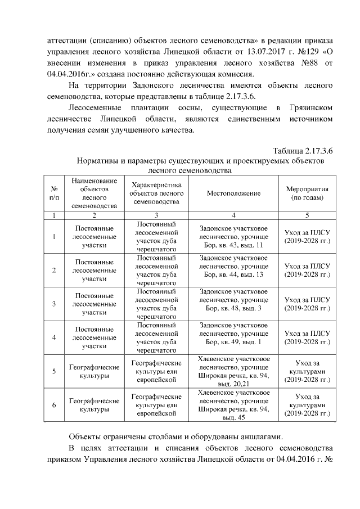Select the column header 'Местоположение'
233,193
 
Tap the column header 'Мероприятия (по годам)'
307,193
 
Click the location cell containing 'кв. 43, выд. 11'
233,237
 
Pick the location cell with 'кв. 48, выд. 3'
233,304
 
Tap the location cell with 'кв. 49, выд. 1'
233,337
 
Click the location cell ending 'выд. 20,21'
233,371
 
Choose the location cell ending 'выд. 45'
233,406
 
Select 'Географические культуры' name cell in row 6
94,406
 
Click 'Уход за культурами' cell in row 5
307,371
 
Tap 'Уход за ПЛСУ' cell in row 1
307,237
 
